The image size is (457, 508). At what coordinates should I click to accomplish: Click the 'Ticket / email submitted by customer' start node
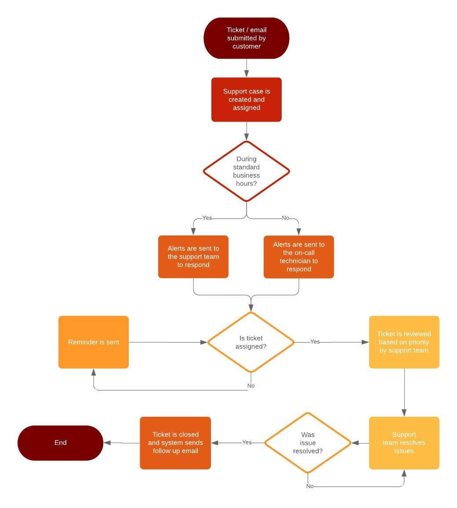pos(246,38)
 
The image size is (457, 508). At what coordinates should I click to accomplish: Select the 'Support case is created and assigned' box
pos(246,100)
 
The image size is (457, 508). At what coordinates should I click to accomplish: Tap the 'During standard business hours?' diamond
pos(246,171)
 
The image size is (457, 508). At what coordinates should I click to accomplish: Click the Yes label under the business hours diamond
pos(207,218)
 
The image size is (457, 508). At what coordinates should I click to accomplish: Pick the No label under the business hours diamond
pos(286,218)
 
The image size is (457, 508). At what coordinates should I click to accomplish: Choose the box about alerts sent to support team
pos(193,257)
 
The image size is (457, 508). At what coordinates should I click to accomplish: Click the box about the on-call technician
pos(299,257)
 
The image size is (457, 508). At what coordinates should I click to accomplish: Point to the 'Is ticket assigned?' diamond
pos(250,342)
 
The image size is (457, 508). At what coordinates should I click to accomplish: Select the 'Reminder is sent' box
pos(94,342)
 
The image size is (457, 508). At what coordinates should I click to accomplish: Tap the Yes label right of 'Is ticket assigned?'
pos(315,341)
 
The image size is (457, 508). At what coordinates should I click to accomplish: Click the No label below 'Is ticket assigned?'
pos(251,386)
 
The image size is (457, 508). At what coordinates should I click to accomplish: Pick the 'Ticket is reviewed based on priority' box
pos(404,342)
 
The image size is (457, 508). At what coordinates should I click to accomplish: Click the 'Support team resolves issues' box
pos(404,443)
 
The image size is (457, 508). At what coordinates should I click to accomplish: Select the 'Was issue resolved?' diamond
pos(308,443)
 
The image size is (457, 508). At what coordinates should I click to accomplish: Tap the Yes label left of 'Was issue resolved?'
pos(247,442)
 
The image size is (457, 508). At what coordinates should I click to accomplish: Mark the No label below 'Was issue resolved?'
pos(310,486)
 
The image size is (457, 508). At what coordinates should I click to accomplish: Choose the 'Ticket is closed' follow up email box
pos(175,443)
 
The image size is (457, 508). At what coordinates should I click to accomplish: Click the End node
pos(60,443)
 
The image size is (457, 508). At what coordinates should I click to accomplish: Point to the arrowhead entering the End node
pos(107,443)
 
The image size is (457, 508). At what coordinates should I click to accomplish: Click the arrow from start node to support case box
pos(247,68)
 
